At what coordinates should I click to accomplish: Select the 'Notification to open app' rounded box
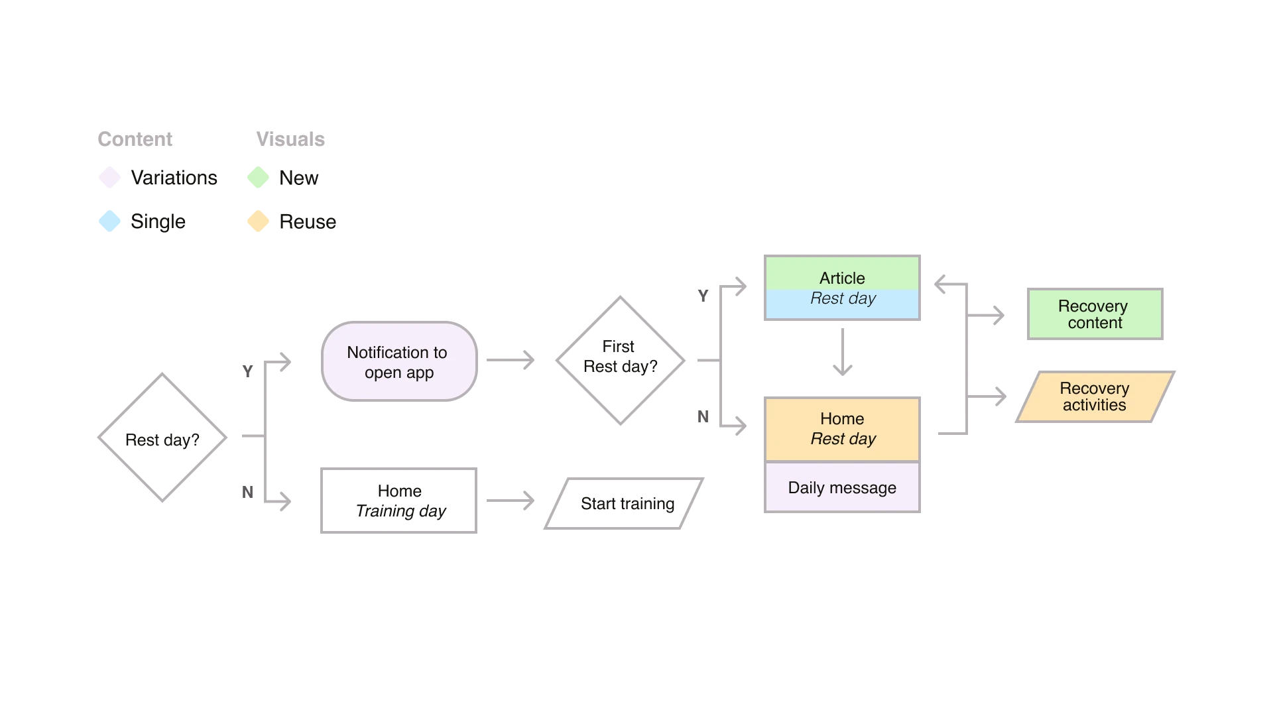[399, 361]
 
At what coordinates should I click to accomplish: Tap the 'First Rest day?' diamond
[620, 360]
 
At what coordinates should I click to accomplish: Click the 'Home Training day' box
[399, 501]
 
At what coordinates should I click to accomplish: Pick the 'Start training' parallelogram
[624, 503]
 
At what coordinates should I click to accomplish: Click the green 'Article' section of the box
[842, 273]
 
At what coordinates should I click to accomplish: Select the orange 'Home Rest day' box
[842, 429]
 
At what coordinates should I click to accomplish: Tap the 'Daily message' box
[842, 487]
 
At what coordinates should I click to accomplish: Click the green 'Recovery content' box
[1095, 314]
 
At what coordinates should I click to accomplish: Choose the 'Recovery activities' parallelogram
[1095, 396]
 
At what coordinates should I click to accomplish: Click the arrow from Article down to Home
[843, 352]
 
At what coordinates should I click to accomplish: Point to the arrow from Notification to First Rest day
[511, 360]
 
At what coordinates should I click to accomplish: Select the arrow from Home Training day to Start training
[511, 501]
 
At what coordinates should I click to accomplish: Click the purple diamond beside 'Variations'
[109, 178]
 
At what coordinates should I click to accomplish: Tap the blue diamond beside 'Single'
[109, 221]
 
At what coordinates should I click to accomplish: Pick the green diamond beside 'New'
[258, 178]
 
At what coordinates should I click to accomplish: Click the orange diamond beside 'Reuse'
[258, 221]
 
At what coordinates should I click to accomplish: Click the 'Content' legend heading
[135, 139]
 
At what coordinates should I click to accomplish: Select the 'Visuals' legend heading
[290, 139]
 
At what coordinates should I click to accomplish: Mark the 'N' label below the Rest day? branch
[247, 492]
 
